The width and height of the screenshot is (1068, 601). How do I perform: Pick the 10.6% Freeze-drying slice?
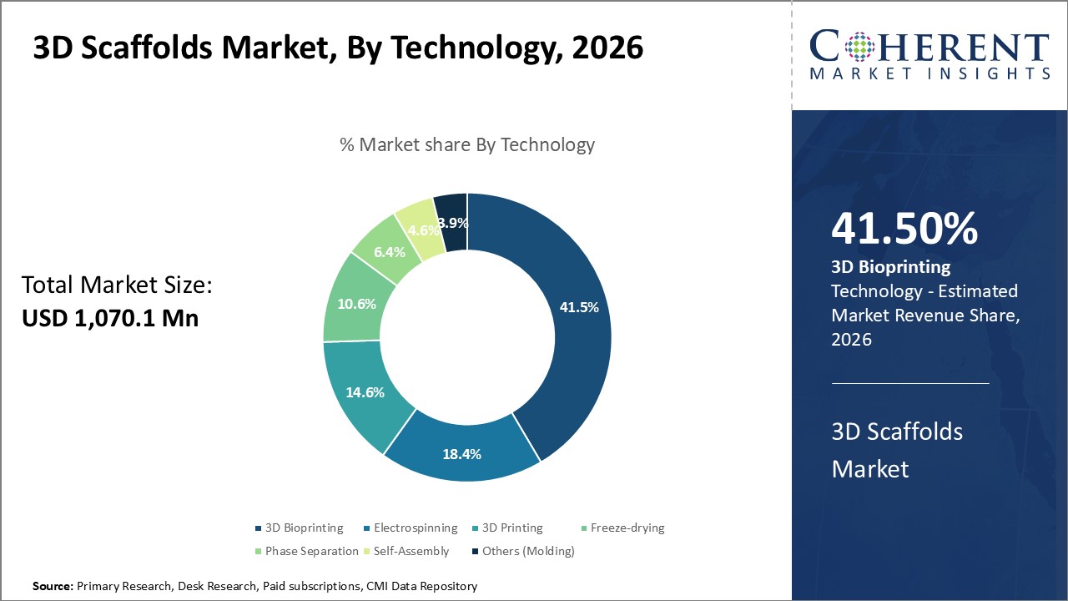[355, 304]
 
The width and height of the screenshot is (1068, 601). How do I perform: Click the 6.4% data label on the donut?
[389, 251]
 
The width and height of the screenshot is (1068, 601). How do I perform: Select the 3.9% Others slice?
[452, 222]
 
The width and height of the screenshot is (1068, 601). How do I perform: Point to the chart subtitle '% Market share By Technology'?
[467, 144]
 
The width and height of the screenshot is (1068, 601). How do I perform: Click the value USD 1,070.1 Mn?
[109, 317]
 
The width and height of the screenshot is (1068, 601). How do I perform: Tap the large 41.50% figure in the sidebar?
[904, 230]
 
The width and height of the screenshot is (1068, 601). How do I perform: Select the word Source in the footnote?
[53, 587]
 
